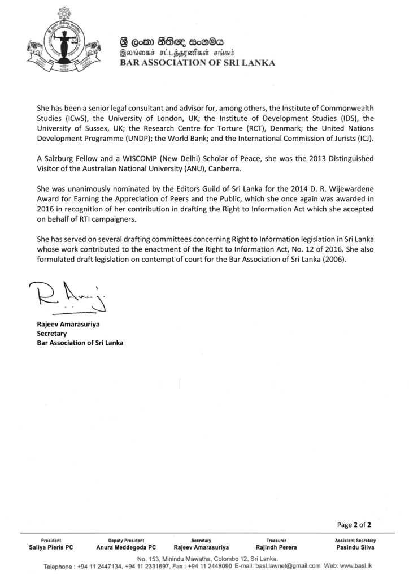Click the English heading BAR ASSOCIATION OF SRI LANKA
click(197, 63)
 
